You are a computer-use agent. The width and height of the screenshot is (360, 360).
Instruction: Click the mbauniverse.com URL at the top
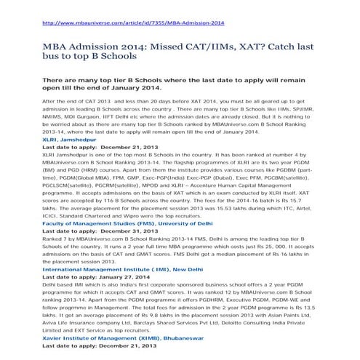pos(133,23)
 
